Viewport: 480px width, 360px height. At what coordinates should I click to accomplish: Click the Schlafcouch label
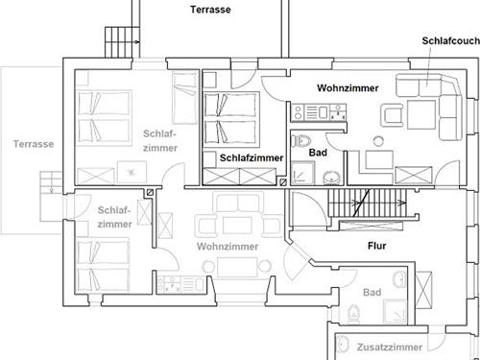(450, 41)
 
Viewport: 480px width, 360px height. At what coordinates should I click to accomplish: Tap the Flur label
(377, 246)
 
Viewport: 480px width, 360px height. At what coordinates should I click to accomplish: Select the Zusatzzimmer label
(390, 348)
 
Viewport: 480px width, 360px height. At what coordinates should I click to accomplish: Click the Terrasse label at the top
(210, 10)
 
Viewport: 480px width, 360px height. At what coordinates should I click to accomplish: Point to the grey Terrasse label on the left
(34, 144)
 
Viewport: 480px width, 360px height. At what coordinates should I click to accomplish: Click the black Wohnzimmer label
(348, 88)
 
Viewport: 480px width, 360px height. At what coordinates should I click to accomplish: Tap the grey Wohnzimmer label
(228, 247)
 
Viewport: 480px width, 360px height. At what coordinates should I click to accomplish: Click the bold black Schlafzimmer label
(252, 157)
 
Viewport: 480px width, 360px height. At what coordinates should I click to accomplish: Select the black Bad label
(318, 153)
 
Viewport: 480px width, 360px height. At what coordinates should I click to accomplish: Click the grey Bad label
(372, 292)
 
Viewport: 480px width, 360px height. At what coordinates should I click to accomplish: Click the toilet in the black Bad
(301, 141)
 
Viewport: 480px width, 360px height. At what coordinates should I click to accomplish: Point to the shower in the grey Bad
(396, 311)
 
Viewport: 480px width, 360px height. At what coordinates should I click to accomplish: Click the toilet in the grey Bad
(353, 314)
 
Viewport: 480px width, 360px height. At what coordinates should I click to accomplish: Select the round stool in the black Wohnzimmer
(378, 141)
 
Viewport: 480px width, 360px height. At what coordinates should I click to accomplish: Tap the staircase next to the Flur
(368, 203)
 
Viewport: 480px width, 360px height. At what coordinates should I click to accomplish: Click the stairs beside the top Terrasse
(123, 42)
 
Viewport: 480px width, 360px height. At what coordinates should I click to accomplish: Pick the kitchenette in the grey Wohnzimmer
(180, 285)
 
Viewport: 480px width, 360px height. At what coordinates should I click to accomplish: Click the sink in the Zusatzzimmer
(343, 344)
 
